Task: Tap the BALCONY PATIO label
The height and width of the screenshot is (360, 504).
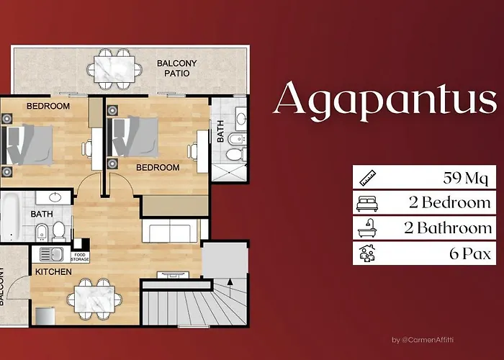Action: tap(177, 68)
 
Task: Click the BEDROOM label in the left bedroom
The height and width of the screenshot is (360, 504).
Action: tap(48, 106)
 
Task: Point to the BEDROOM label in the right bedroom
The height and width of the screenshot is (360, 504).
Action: tap(158, 167)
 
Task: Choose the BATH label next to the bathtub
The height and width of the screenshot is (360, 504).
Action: tap(41, 214)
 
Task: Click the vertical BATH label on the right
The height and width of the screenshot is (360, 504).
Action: tap(220, 132)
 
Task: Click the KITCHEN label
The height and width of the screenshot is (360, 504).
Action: tap(53, 271)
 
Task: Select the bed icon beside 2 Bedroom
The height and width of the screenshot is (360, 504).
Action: tap(366, 203)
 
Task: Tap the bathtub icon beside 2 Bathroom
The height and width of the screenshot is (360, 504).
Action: tap(366, 228)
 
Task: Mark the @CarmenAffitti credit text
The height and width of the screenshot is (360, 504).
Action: tap(427, 340)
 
